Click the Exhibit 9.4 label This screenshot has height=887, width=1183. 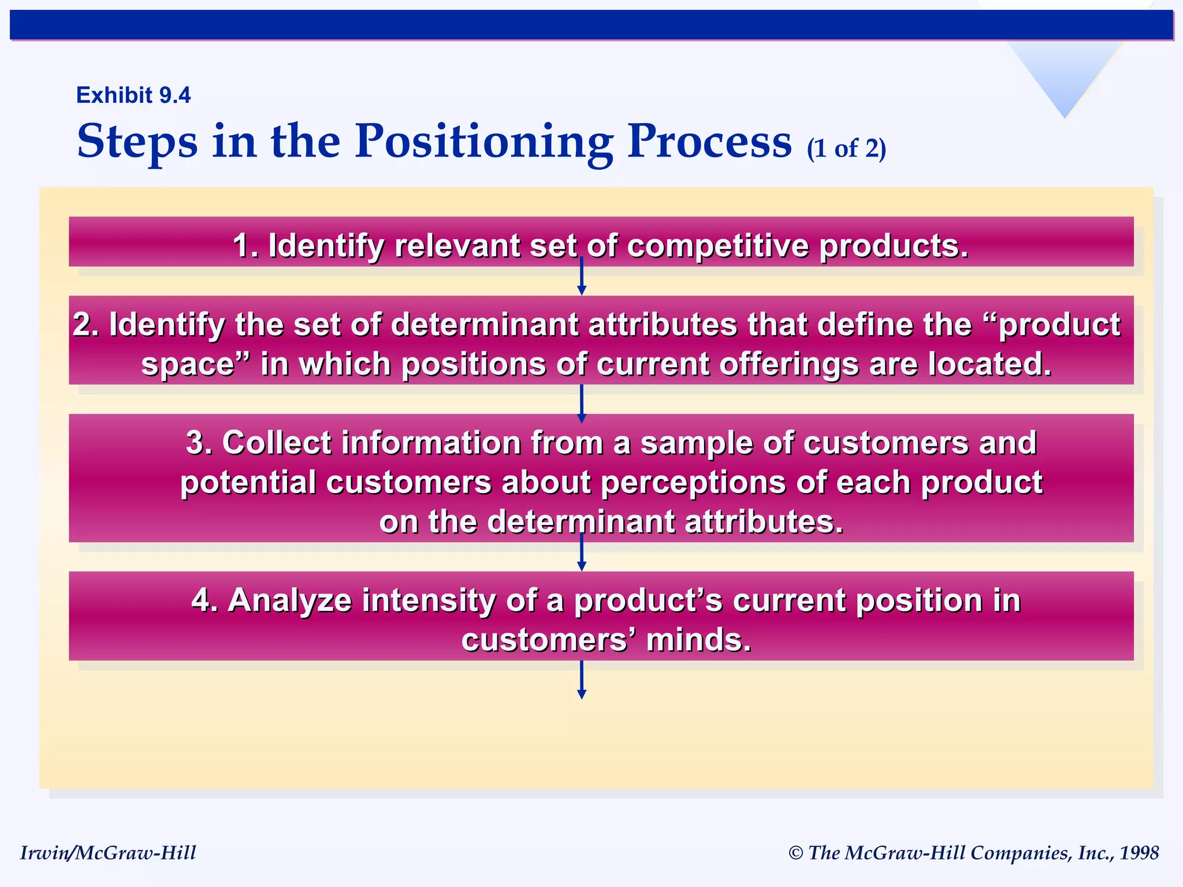coord(133,95)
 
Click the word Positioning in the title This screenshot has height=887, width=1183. coord(484,141)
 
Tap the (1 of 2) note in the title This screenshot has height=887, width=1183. coord(846,149)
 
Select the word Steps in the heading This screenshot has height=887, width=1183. coord(137,141)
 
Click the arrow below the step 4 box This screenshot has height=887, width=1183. coord(582,681)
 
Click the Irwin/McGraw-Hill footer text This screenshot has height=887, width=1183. coord(108,853)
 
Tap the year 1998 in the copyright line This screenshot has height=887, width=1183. coord(1139,853)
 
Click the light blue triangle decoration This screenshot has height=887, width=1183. coord(1065,75)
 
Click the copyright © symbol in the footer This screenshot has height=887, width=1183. coord(795,854)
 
